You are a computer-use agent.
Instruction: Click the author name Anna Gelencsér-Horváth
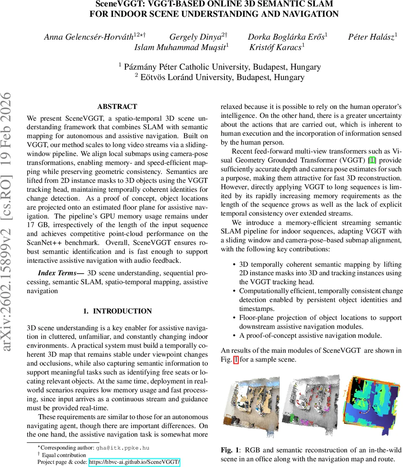pyautogui.click(x=89, y=37)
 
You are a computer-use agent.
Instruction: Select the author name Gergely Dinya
pyautogui.click(x=195, y=37)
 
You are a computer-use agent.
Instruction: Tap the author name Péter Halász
pyautogui.click(x=371, y=37)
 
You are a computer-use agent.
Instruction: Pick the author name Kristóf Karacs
pyautogui.click(x=275, y=47)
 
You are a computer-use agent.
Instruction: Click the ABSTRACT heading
pyautogui.click(x=117, y=107)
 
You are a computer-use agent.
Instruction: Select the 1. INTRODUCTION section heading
pyautogui.click(x=117, y=311)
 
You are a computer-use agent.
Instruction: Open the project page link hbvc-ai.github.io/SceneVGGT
pyautogui.click(x=134, y=462)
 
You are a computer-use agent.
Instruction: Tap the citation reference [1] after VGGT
pyautogui.click(x=372, y=160)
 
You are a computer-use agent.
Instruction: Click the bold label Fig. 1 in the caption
pyautogui.click(x=230, y=450)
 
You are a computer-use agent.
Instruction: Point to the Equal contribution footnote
pyautogui.click(x=63, y=455)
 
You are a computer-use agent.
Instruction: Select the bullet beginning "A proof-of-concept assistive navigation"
pyautogui.click(x=310, y=335)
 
